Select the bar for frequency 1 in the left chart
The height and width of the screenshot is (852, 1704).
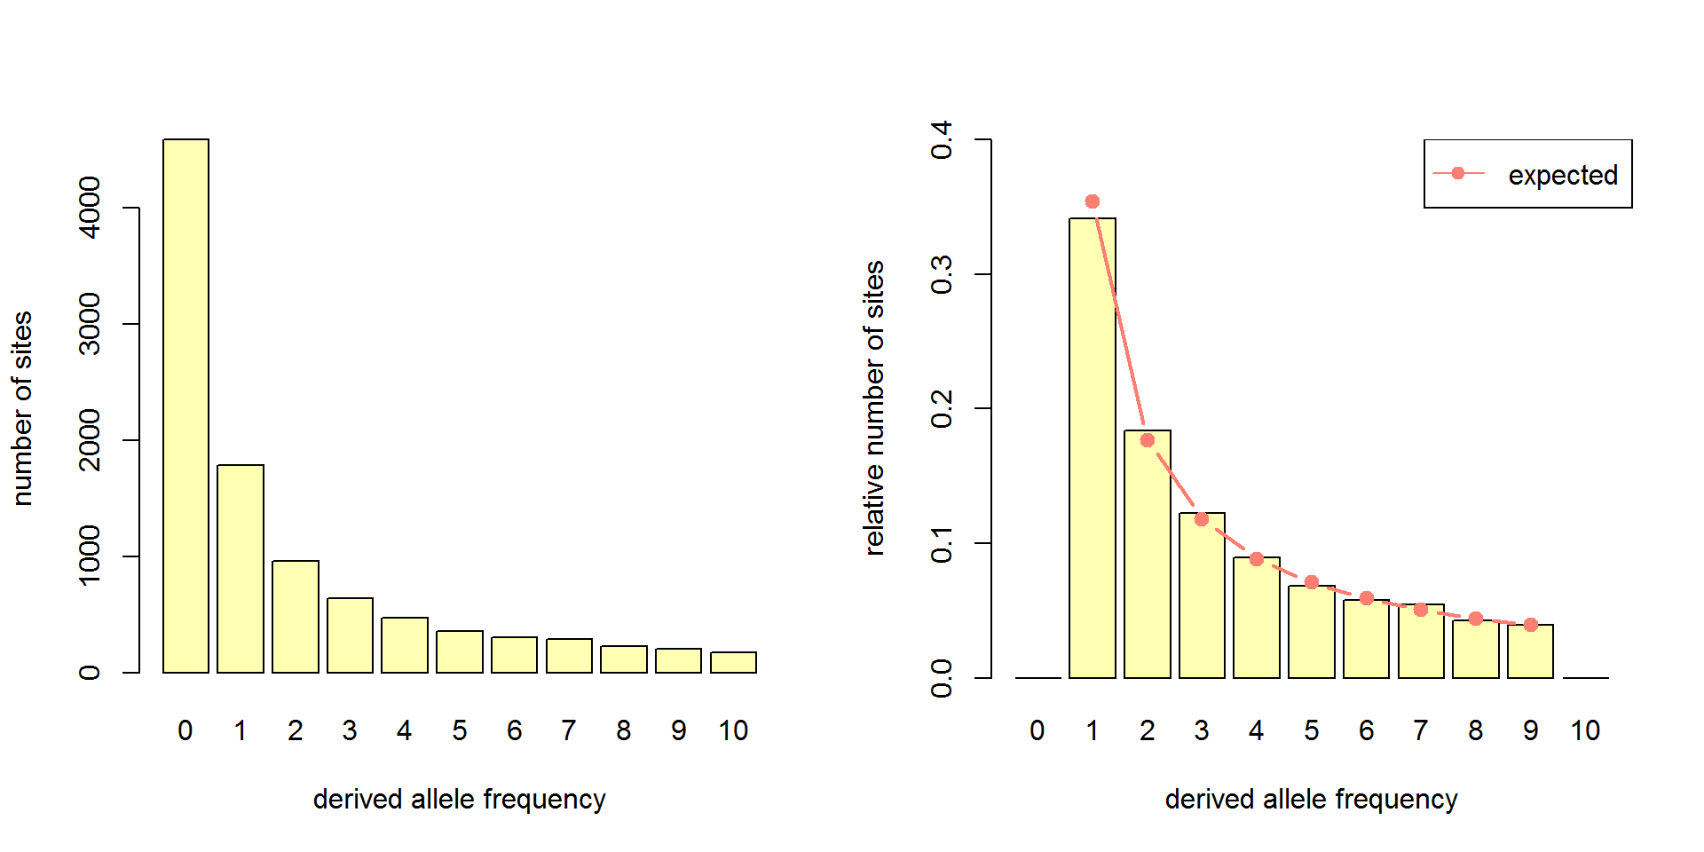[241, 568]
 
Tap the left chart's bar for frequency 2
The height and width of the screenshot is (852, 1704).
[296, 616]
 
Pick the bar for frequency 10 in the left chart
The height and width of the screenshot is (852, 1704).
[733, 662]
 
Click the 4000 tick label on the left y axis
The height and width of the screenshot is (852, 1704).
[90, 208]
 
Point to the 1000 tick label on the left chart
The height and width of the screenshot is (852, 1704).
[90, 556]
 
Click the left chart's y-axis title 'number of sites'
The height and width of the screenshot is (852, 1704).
[22, 408]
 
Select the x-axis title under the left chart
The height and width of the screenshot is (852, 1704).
[459, 799]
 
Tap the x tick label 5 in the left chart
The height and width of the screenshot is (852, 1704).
[459, 730]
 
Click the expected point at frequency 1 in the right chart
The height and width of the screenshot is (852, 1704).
[1093, 201]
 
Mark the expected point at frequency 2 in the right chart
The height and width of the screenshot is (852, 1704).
[1148, 440]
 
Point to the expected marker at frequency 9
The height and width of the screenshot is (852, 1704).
[1531, 625]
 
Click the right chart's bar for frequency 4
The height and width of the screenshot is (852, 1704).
[1257, 621]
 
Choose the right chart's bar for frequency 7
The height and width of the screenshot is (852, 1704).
[1421, 643]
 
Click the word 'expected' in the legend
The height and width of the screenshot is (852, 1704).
[1563, 175]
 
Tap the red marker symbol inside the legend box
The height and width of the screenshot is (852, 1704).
[1457, 173]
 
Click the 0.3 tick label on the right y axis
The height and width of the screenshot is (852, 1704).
[942, 274]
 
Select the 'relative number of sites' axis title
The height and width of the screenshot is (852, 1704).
[874, 408]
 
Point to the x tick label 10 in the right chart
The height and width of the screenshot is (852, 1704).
[1585, 730]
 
